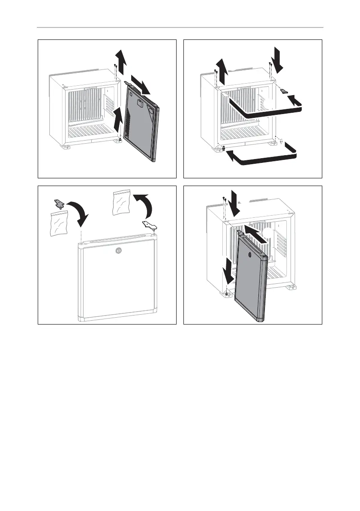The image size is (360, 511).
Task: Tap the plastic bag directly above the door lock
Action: [120, 204]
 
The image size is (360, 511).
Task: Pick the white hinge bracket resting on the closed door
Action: [148, 224]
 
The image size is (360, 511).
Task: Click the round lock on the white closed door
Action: [119, 251]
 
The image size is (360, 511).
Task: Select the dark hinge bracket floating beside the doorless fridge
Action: [286, 90]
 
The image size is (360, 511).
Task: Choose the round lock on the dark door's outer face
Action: [251, 255]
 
